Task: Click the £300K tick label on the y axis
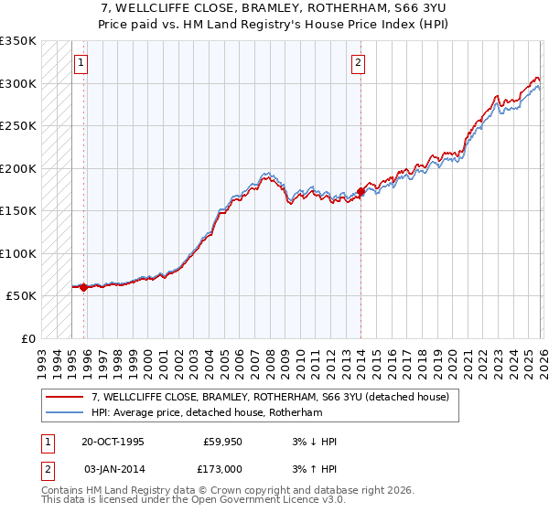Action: [x=17, y=83]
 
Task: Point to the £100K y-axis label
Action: [x=17, y=253]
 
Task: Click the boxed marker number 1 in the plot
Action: [x=81, y=63]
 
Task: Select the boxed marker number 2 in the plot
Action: [x=358, y=63]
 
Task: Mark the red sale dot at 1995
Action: [x=84, y=287]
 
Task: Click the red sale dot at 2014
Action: [x=361, y=191]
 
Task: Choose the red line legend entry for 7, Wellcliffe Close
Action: [x=270, y=398]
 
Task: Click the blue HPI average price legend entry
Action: [x=207, y=413]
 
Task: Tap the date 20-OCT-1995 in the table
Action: [x=113, y=442]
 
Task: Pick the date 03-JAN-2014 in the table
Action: [x=113, y=467]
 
